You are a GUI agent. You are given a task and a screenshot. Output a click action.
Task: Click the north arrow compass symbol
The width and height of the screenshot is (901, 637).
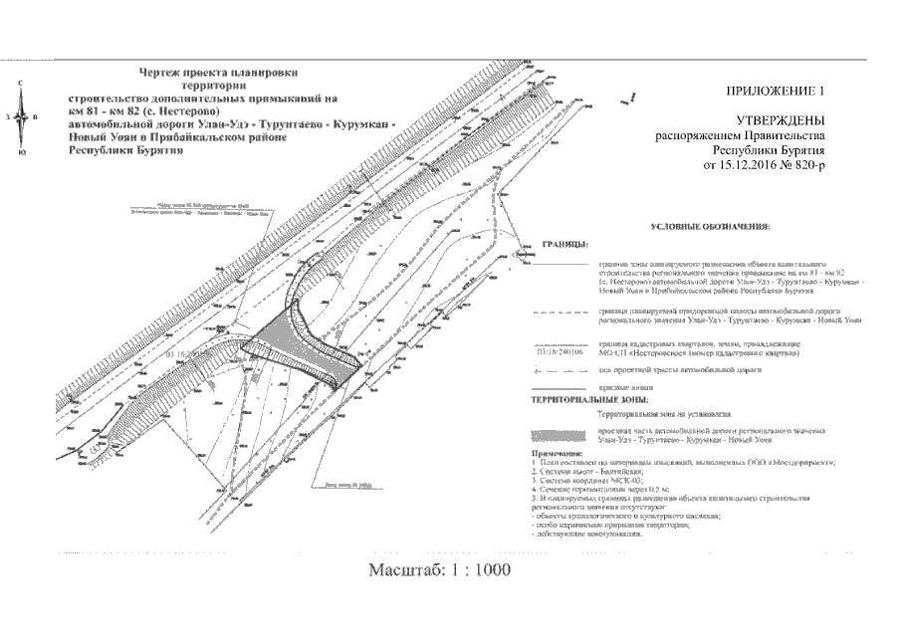[23, 116]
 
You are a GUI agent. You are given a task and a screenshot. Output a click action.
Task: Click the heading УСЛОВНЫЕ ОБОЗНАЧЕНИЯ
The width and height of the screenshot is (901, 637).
[710, 227]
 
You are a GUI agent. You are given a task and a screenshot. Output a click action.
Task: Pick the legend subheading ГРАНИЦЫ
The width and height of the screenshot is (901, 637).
[564, 244]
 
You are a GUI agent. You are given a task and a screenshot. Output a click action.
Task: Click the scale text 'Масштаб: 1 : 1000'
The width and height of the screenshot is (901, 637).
[439, 570]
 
